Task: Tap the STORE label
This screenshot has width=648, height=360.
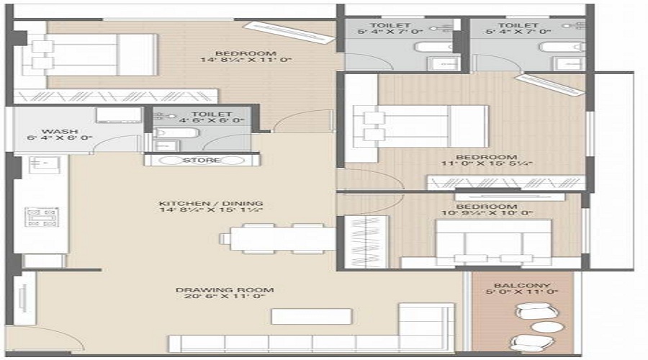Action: coord(202,160)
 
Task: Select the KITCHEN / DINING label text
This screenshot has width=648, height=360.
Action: coord(211,204)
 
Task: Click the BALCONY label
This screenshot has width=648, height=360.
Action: coord(523,285)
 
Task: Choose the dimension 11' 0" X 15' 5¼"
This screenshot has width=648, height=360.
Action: coord(487,165)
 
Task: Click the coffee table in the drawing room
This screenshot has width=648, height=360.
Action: coord(312,316)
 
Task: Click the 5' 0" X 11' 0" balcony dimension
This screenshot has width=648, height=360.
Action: coord(523,294)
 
